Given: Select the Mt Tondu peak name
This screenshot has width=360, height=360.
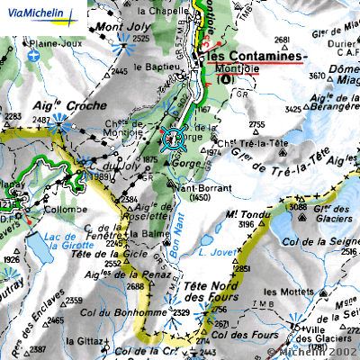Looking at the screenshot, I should (243, 214).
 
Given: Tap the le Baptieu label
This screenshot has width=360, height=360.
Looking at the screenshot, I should (149, 67).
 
